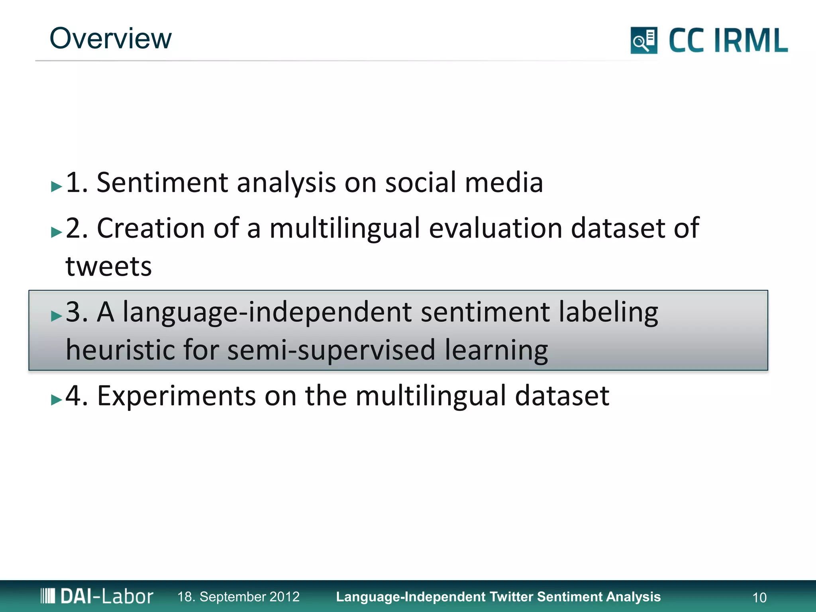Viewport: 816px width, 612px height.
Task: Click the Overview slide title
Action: pos(110,39)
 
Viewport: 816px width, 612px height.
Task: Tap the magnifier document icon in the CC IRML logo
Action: pos(643,40)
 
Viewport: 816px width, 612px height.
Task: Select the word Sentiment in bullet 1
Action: pos(163,183)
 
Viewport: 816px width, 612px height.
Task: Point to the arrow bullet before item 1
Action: pos(57,186)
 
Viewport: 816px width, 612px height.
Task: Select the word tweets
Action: pos(109,266)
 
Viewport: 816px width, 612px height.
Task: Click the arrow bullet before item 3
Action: pos(57,316)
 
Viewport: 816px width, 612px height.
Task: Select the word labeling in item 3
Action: pos(608,312)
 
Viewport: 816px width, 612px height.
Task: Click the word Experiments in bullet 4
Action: pos(176,396)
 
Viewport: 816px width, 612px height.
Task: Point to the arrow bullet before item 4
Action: pos(57,400)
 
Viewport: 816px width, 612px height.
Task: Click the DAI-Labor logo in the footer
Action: pos(97,596)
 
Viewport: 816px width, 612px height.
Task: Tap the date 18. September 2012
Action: pos(238,596)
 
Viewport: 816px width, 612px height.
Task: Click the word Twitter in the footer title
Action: pos(511,596)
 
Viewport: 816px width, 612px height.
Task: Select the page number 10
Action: pos(759,597)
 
